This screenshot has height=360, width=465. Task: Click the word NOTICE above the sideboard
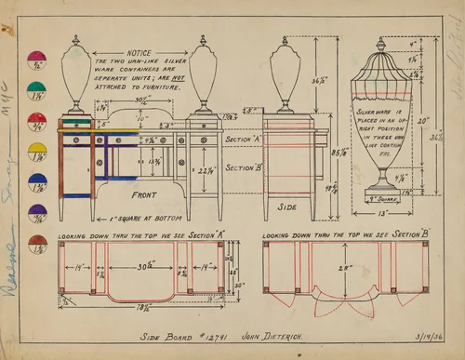coord(139,54)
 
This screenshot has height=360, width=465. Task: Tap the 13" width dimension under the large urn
coord(382,212)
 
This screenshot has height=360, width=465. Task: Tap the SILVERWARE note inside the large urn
coord(381,130)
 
